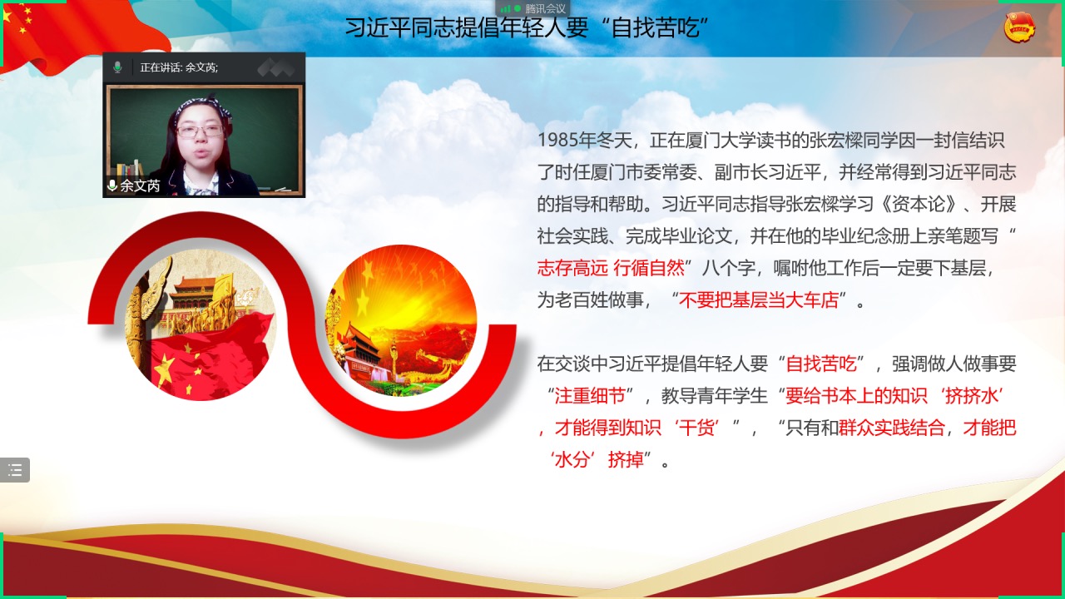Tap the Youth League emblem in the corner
tap(1019, 27)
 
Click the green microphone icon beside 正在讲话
tap(117, 67)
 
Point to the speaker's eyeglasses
tap(200, 131)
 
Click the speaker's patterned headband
tap(202, 107)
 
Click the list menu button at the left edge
tap(15, 470)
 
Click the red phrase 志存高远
tap(572, 268)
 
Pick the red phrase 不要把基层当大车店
tap(758, 300)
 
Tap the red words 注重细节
tap(590, 395)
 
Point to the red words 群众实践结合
tap(891, 428)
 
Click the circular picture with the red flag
tap(201, 324)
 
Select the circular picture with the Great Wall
tap(401, 320)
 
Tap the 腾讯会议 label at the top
tap(545, 8)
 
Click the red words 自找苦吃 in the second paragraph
tap(821, 364)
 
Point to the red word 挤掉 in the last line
tap(626, 460)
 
